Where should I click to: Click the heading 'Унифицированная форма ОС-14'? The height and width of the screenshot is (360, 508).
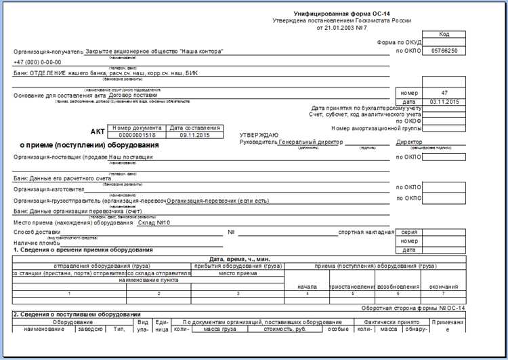341,14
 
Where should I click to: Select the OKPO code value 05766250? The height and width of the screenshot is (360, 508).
444,51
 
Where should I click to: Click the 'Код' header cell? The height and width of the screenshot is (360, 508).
444,33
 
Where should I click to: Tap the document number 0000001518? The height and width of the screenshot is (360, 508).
137,135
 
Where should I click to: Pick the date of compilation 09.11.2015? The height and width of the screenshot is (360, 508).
194,135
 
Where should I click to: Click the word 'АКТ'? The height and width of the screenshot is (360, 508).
98,132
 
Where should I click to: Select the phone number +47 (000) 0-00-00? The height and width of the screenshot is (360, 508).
37,62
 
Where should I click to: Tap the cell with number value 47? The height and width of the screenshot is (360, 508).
444,92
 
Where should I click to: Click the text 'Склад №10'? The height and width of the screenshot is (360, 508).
153,222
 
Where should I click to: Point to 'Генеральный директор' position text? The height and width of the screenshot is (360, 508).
311,142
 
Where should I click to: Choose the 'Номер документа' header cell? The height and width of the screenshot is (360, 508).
137,127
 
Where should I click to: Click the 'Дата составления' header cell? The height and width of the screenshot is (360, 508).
194,127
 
